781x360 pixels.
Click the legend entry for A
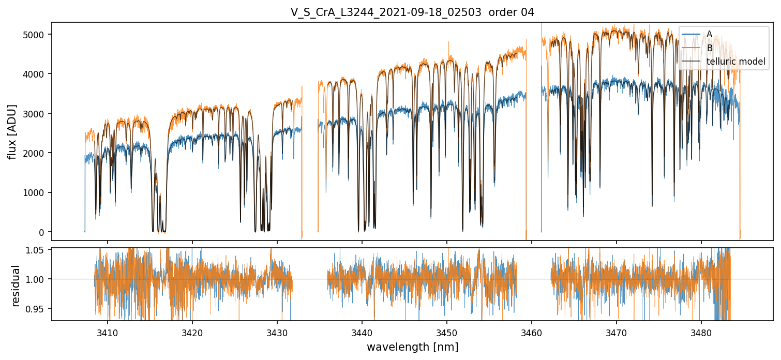(709, 34)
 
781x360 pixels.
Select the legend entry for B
(709, 48)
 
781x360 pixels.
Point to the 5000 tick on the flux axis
(38, 34)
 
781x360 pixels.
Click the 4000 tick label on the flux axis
(38, 74)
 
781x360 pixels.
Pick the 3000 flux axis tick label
(38, 113)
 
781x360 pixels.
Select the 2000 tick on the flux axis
(38, 153)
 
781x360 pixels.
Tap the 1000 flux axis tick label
(38, 192)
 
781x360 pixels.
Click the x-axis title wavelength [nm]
(412, 347)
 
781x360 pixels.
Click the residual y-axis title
(16, 286)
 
